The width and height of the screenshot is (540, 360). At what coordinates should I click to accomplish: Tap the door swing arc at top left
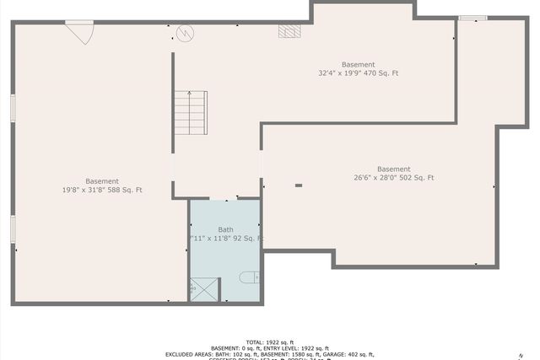81,33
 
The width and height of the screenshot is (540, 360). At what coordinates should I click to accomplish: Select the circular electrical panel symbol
186,34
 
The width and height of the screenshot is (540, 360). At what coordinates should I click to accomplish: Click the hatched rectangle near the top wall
289,31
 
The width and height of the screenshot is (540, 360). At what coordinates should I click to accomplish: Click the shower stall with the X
204,289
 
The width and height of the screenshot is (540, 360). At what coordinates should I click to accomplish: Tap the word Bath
225,229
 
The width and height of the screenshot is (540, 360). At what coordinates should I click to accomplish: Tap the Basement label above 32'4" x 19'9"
358,64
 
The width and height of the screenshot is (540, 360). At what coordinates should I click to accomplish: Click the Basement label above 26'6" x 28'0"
393,169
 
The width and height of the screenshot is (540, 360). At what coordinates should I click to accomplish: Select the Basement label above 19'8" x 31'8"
102,181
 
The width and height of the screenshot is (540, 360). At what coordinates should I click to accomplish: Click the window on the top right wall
472,18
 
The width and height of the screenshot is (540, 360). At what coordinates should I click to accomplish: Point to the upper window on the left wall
13,108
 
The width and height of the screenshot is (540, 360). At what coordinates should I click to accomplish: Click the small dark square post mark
298,185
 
